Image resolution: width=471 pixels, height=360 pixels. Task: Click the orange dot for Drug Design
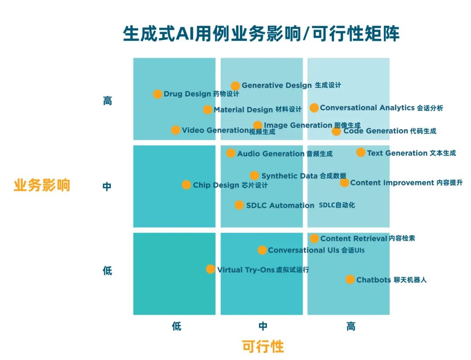pyautogui.click(x=157, y=94)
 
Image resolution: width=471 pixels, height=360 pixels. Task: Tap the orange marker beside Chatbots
pyautogui.click(x=350, y=279)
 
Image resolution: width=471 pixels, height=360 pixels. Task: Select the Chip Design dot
pyautogui.click(x=186, y=185)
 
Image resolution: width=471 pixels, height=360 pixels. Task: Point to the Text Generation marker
pyautogui.click(x=361, y=153)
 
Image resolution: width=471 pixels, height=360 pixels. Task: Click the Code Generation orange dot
pyautogui.click(x=336, y=131)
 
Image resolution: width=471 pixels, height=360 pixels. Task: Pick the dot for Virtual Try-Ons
pyautogui.click(x=210, y=269)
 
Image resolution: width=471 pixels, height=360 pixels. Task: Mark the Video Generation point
pyautogui.click(x=175, y=130)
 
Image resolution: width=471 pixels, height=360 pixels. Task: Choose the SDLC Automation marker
pyautogui.click(x=239, y=205)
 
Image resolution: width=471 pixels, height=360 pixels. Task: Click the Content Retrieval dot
pyautogui.click(x=314, y=238)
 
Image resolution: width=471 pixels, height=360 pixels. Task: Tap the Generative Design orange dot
pyautogui.click(x=235, y=86)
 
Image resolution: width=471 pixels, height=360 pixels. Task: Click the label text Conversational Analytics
pyautogui.click(x=367, y=108)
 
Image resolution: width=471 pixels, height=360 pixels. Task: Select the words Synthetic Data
pyautogui.click(x=289, y=176)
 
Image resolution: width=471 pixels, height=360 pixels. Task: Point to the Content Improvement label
pyautogui.click(x=392, y=183)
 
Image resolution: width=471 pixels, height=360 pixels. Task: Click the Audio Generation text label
pyautogui.click(x=270, y=153)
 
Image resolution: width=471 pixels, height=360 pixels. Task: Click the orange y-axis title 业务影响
pyautogui.click(x=42, y=185)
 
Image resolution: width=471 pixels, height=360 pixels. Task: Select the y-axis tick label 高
pyautogui.click(x=107, y=101)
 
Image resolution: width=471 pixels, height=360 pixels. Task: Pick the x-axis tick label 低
pyautogui.click(x=176, y=326)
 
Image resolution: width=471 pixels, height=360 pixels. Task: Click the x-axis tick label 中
pyautogui.click(x=263, y=326)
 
